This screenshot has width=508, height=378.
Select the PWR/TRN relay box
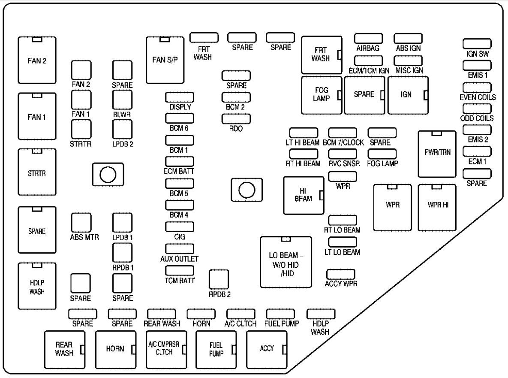[x=437, y=154]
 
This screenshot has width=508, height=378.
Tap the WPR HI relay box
[x=437, y=208]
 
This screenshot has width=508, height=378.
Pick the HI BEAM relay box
[x=304, y=195]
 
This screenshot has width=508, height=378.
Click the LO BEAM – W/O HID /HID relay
[x=286, y=262]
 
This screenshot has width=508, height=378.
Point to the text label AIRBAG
[x=368, y=48]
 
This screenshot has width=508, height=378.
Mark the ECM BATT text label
[x=180, y=171]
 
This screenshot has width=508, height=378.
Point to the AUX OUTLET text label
[x=180, y=258]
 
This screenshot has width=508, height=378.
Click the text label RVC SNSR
[x=344, y=163]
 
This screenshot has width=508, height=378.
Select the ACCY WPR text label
[x=341, y=284]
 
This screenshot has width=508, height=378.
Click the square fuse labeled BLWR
[x=122, y=100]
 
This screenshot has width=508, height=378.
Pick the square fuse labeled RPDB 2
[x=219, y=280]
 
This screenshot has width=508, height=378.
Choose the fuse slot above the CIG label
[x=180, y=227]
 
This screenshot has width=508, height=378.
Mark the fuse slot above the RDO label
[x=236, y=118]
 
